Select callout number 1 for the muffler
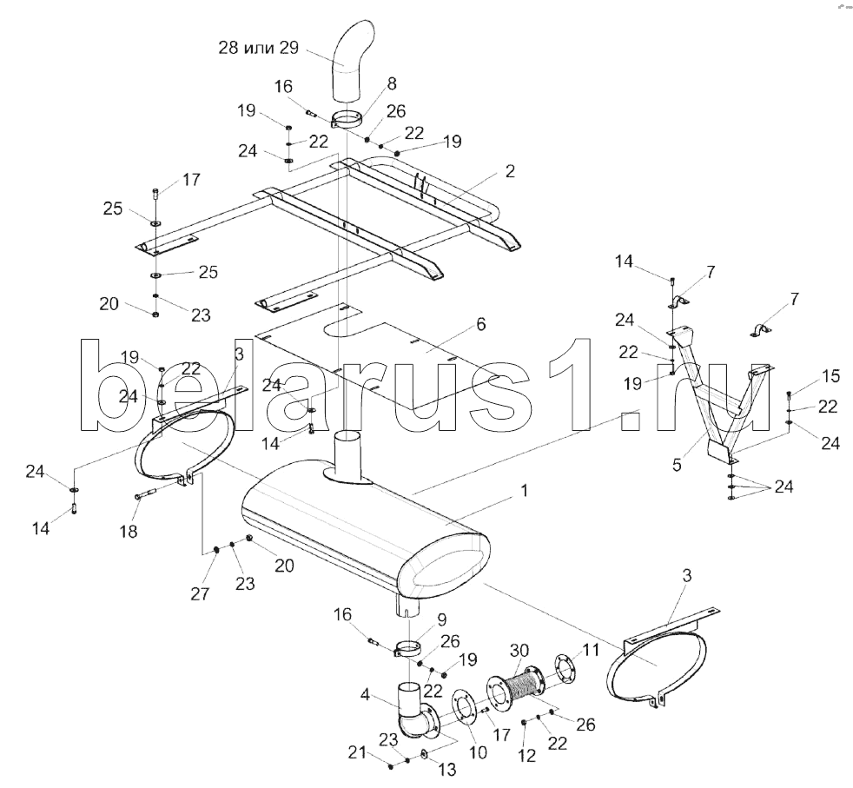click(524, 492)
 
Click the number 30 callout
click(519, 651)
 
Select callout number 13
click(446, 768)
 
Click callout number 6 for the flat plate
click(480, 324)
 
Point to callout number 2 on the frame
click(510, 172)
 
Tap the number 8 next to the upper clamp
click(392, 84)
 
